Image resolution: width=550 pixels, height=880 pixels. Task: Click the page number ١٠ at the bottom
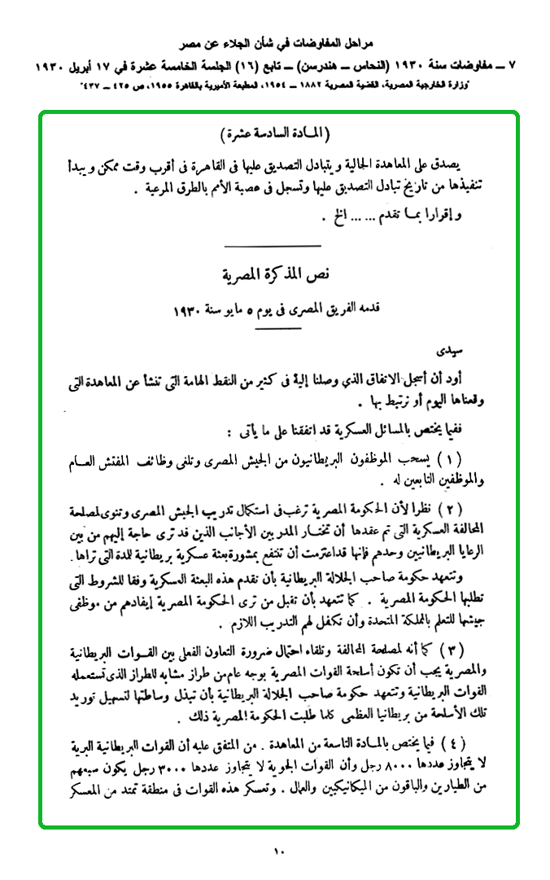tap(277, 852)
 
